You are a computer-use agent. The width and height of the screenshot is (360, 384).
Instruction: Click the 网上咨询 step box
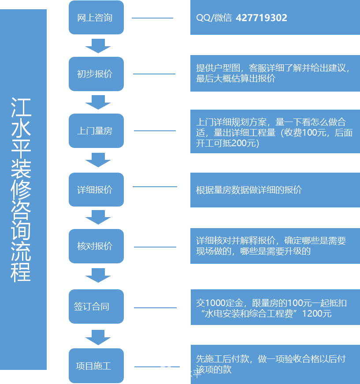coord(96,18)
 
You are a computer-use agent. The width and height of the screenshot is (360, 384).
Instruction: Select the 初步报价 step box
coord(96,74)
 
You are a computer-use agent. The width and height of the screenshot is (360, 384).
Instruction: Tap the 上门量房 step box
coord(96,131)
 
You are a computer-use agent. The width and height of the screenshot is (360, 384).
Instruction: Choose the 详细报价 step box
coord(96,189)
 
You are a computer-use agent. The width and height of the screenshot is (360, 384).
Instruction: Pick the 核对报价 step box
coord(96,246)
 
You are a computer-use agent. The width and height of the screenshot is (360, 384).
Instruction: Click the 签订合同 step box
coord(96,306)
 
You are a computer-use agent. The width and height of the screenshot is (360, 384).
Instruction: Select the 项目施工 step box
coord(96,366)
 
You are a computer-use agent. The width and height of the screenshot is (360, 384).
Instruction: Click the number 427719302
coord(262,18)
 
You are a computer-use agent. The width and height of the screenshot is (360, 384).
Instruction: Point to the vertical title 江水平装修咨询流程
coord(22,189)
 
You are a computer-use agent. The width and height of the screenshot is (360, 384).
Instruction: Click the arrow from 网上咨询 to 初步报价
coord(98,45)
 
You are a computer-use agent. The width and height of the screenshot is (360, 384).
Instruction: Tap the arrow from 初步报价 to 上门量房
coord(98,102)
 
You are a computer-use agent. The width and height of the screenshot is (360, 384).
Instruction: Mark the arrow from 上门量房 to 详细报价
coord(98,160)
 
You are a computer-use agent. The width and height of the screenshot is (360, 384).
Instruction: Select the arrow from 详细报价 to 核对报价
coord(98,217)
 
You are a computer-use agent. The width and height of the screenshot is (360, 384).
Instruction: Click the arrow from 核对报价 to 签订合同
coord(98,275)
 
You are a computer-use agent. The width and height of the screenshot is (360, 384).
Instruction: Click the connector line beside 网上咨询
coord(152,18)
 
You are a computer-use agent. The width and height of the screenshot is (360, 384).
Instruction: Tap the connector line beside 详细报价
coord(155,187)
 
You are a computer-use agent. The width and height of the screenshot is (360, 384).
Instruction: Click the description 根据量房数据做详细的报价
coord(249,190)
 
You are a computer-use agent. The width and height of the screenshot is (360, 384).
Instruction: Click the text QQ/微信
coord(214,18)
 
